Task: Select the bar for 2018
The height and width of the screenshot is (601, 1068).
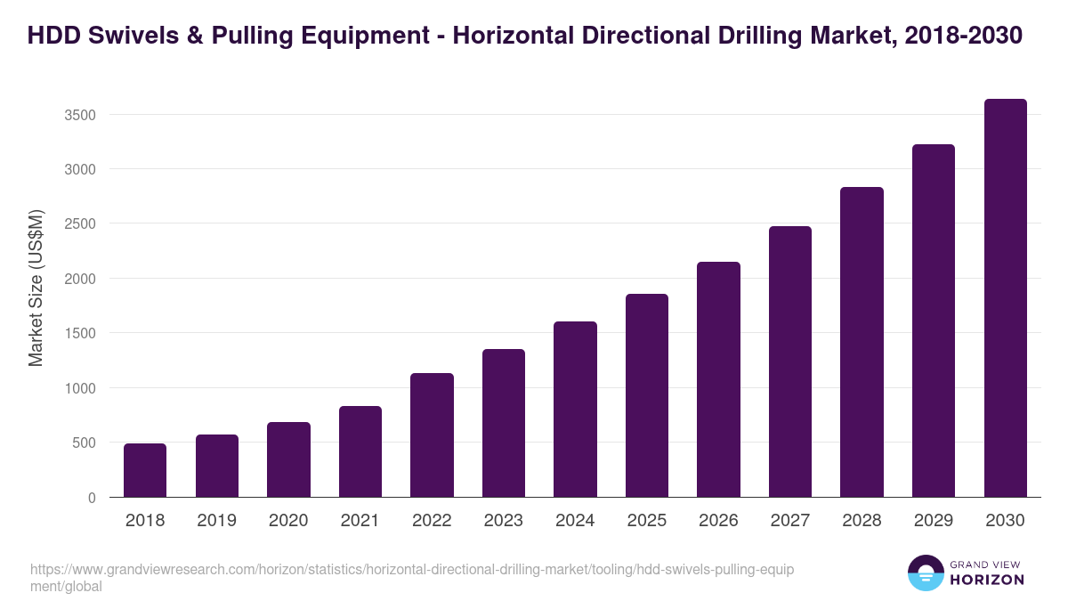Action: (x=145, y=470)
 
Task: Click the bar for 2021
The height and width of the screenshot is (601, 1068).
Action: (x=360, y=451)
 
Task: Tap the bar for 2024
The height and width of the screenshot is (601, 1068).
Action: (x=575, y=410)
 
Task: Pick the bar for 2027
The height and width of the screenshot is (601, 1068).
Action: (x=790, y=361)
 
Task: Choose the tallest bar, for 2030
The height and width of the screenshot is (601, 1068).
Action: (x=1005, y=298)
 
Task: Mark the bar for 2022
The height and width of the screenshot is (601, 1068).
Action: (x=432, y=435)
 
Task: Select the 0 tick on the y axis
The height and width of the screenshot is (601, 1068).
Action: (x=92, y=498)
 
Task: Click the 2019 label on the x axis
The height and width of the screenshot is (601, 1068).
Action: (x=216, y=521)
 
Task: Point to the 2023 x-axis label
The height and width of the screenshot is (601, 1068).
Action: (x=504, y=521)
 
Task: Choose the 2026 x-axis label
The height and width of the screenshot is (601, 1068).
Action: (x=718, y=521)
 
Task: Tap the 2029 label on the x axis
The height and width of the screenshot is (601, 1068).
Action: (x=934, y=521)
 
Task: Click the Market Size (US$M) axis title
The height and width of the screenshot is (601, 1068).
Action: (x=36, y=288)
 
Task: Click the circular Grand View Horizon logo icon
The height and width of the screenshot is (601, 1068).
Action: (x=925, y=573)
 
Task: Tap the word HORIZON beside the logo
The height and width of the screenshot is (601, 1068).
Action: (x=987, y=580)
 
